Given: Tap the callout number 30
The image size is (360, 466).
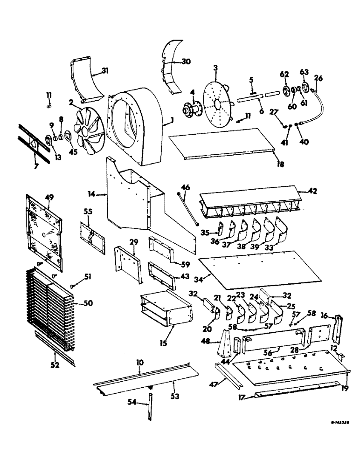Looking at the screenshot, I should pos(186,61).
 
